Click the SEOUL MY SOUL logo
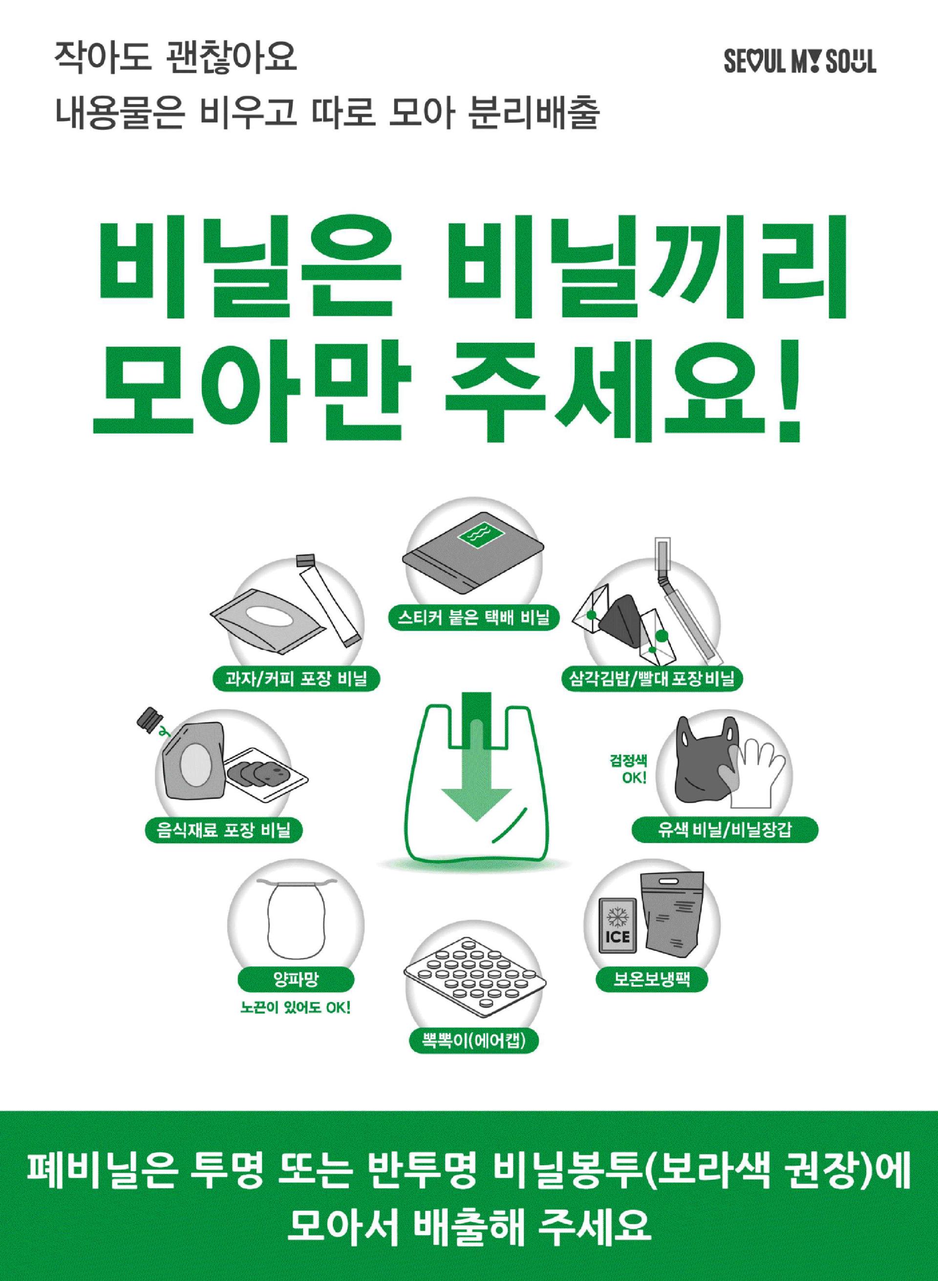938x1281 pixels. click(799, 62)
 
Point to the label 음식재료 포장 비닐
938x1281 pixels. click(224, 831)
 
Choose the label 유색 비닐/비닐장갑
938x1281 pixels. click(725, 831)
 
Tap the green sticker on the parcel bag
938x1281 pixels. click(480, 534)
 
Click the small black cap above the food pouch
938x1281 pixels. click(149, 718)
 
